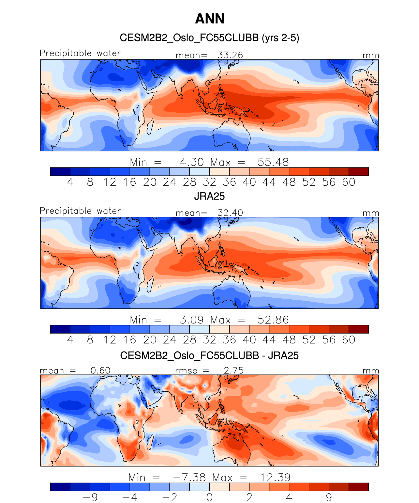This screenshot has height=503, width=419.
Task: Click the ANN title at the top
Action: (210, 19)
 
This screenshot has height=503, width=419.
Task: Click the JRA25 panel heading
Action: (209, 196)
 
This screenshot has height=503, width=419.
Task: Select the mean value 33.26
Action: (230, 55)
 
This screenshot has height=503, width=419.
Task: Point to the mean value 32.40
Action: (230, 213)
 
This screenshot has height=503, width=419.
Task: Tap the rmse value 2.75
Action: (233, 370)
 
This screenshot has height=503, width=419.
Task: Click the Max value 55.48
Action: (273, 162)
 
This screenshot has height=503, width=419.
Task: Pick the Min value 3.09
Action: (192, 320)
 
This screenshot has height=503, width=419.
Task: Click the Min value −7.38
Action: (189, 478)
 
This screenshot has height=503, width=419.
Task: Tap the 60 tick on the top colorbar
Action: (349, 182)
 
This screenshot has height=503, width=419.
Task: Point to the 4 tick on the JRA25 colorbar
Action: (70, 340)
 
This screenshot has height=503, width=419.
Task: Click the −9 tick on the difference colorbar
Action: (90, 497)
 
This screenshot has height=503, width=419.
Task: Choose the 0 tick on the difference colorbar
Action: (209, 497)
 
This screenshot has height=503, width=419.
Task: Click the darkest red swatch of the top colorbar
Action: (359, 171)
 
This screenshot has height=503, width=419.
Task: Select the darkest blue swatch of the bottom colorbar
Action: (60, 487)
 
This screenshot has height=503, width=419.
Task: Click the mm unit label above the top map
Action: (371, 55)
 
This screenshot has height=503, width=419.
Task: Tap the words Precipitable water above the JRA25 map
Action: (80, 211)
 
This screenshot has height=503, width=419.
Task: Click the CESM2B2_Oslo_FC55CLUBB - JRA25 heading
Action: (209, 355)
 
